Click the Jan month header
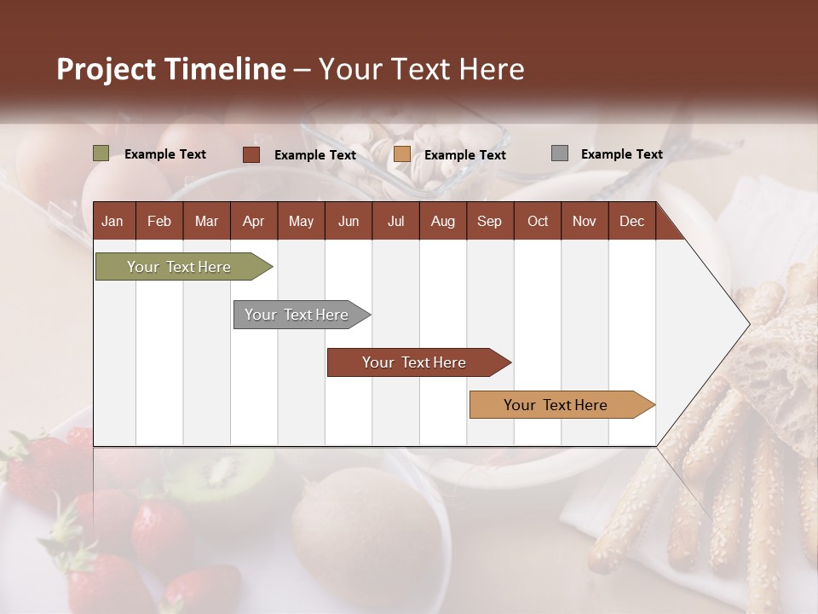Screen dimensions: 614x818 coord(112,222)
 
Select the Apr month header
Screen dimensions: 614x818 coord(253,222)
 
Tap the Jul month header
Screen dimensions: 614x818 coord(395,222)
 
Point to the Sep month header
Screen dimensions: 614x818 coord(489,222)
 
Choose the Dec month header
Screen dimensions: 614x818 coord(631,222)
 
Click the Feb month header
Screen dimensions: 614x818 coord(159,222)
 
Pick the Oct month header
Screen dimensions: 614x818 coord(538,222)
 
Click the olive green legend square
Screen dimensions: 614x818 coord(101,153)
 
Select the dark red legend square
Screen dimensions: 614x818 coord(251,154)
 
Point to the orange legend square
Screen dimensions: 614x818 coord(402,154)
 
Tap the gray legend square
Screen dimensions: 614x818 coord(560,153)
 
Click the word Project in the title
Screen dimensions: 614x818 coord(105,69)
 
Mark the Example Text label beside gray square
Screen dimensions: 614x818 coord(621,154)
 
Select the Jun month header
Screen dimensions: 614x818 coord(349,222)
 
